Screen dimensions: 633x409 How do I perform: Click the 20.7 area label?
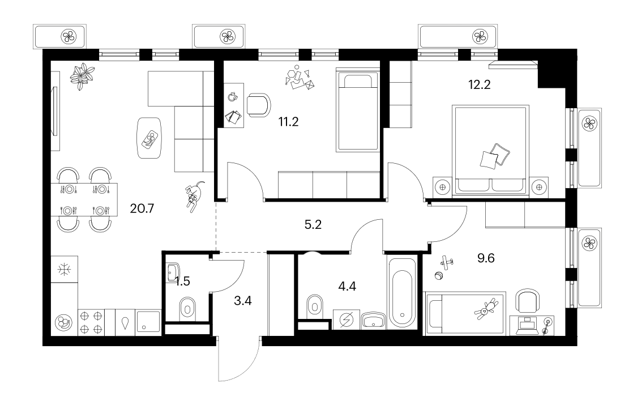142,208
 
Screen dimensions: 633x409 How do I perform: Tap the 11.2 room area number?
288,121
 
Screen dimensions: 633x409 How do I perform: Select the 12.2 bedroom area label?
479,85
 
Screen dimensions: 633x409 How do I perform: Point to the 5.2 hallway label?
313,224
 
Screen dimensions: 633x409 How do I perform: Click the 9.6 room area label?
486,258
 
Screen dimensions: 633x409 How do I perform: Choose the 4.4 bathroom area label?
347,286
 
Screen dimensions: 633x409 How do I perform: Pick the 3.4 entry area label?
243,300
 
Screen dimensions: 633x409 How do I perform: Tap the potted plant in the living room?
82,76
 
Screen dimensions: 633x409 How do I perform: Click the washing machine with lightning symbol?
347,319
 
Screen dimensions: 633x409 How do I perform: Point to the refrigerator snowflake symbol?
64,269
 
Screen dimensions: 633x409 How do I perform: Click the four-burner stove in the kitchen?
91,322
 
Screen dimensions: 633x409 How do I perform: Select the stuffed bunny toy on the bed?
486,309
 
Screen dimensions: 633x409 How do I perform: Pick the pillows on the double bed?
495,156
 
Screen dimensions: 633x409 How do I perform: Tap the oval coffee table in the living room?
149,138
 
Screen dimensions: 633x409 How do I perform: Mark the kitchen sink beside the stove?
148,323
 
